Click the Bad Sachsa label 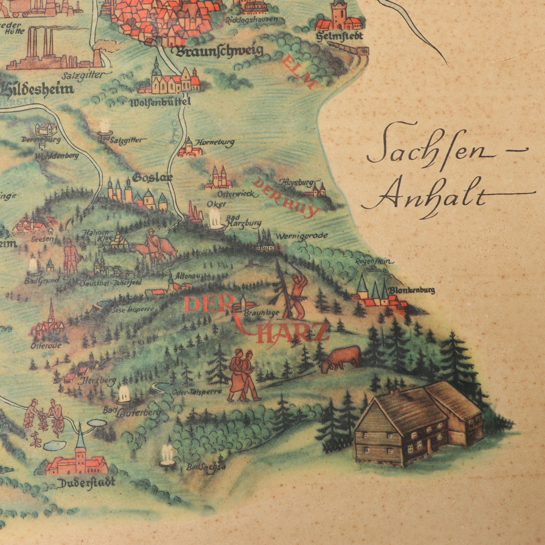coord(206,467)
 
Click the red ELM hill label coord(298,72)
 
